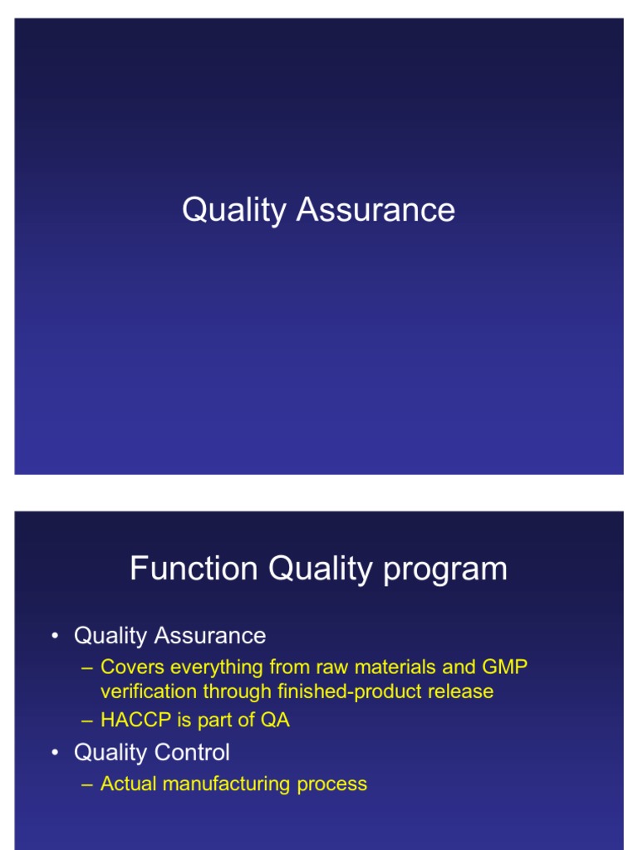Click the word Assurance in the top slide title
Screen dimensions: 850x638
(x=375, y=210)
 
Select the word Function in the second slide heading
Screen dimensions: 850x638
(x=194, y=569)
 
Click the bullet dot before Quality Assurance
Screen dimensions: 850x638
(x=55, y=637)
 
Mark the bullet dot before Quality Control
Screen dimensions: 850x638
(x=55, y=753)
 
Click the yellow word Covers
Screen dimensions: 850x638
(x=132, y=667)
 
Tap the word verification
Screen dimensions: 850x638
(x=149, y=691)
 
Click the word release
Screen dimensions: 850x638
(x=462, y=691)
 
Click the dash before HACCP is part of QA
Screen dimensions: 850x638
(x=87, y=721)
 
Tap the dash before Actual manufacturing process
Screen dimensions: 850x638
(x=87, y=784)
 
